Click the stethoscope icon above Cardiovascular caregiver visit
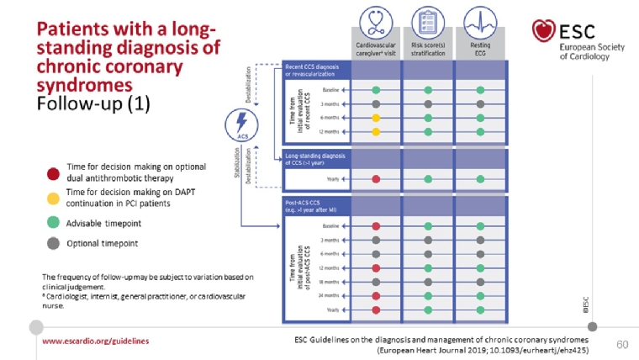376,19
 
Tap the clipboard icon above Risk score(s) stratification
429,19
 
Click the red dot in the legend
52,174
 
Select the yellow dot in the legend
52,197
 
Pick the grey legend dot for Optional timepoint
52,243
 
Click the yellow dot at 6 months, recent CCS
376,118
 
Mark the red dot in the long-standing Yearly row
376,179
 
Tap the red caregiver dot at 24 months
376,295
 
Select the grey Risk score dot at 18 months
429,282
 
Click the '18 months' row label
330,282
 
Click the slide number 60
622,344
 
